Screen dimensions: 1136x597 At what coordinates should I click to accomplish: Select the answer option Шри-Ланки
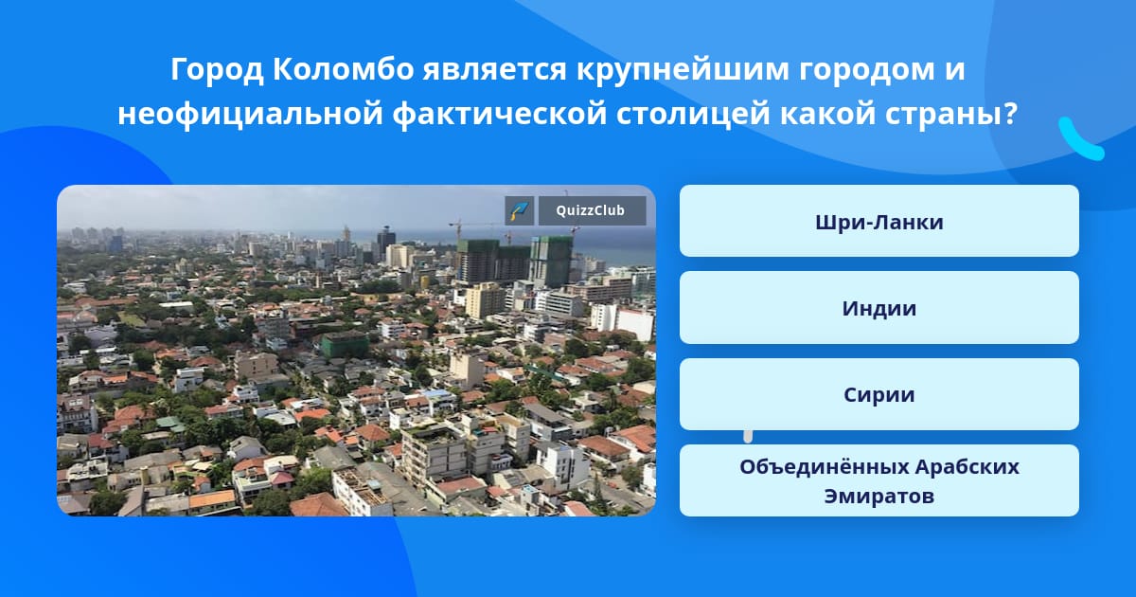click(879, 221)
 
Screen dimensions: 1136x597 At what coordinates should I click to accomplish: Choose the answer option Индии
click(879, 308)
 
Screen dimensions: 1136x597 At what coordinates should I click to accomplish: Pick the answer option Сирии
click(879, 394)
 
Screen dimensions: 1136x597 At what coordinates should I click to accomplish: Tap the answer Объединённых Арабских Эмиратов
click(879, 480)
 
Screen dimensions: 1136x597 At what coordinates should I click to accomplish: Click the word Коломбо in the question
click(344, 69)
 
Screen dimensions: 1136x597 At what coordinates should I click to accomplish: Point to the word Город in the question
click(217, 70)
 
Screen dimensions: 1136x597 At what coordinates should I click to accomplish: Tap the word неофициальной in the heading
click(250, 114)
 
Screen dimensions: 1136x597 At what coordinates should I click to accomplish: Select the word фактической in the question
click(500, 114)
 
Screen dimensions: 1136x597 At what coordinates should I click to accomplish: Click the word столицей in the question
click(693, 114)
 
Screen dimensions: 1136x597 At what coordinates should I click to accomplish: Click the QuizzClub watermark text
click(591, 210)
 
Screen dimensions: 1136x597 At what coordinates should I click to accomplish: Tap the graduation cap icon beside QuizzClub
click(520, 210)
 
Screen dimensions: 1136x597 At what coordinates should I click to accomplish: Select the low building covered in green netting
click(345, 345)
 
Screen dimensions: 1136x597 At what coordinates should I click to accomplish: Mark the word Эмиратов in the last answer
click(879, 496)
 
